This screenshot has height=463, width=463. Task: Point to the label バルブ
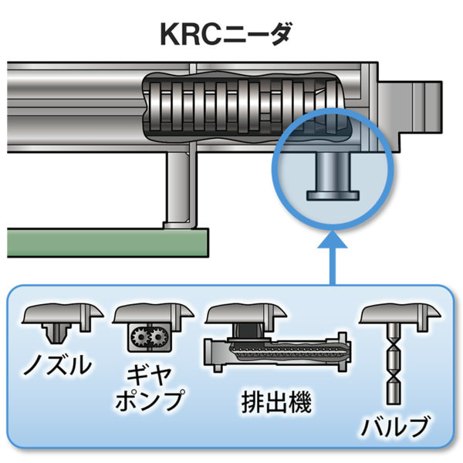[397, 426]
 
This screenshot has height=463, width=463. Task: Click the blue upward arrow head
[333, 245]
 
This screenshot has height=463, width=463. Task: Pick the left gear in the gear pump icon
[140, 338]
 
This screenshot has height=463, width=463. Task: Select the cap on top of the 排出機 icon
[245, 313]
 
